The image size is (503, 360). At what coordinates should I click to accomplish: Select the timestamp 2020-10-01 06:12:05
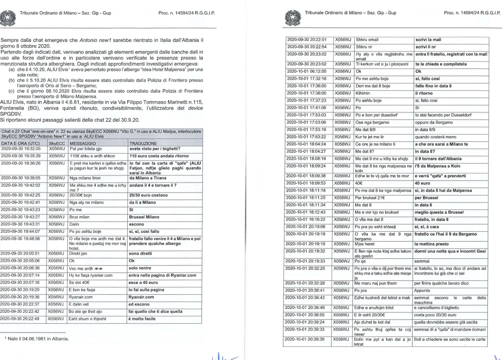[x=307, y=70]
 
